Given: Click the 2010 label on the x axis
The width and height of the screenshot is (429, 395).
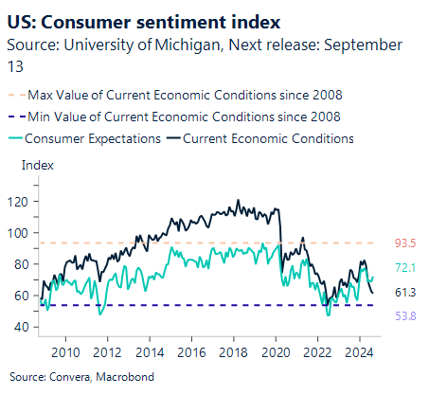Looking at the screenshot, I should pyautogui.click(x=65, y=352).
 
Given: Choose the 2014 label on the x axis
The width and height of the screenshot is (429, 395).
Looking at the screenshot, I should pyautogui.click(x=150, y=352).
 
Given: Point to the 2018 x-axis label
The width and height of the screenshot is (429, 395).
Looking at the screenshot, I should pyautogui.click(x=233, y=352).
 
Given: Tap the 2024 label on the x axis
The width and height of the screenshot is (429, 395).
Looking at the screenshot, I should pyautogui.click(x=359, y=352).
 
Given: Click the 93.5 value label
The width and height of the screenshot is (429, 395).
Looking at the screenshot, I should pyautogui.click(x=404, y=243).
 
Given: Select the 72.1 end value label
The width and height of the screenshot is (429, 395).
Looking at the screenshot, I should pyautogui.click(x=404, y=269).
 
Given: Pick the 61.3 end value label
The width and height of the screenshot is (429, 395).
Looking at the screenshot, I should pyautogui.click(x=404, y=294).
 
